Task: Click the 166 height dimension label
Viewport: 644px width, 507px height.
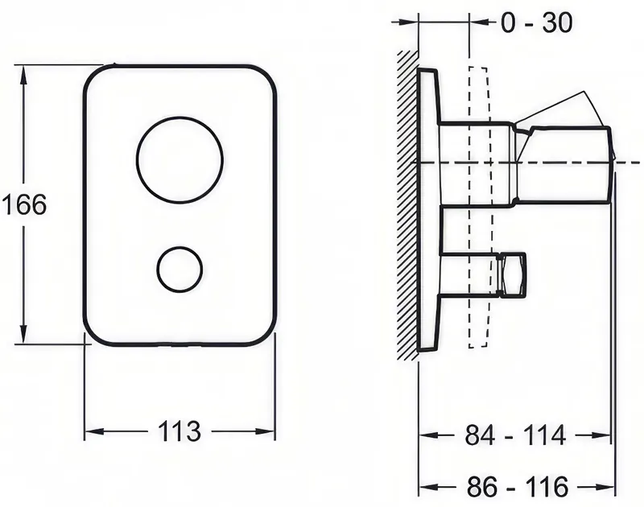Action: click(x=25, y=204)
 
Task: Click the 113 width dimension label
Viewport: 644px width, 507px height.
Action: click(x=180, y=431)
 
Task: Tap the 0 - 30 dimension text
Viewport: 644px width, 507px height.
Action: click(x=536, y=23)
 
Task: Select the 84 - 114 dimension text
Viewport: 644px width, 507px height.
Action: click(x=515, y=435)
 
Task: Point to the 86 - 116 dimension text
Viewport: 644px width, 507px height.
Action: click(x=518, y=487)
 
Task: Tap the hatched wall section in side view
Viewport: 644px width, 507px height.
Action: click(x=407, y=205)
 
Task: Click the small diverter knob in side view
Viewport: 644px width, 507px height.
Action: click(x=511, y=274)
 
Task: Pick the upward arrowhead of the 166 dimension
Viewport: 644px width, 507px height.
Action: click(x=24, y=77)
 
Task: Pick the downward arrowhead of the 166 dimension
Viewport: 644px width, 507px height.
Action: click(x=24, y=332)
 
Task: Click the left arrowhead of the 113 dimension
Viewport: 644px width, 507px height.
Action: click(x=94, y=431)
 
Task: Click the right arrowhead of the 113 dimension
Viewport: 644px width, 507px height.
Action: click(x=265, y=431)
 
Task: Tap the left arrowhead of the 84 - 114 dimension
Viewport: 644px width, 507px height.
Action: click(x=428, y=435)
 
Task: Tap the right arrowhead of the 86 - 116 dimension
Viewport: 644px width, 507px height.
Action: click(x=606, y=487)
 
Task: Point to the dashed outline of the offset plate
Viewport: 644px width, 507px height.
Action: click(x=478, y=208)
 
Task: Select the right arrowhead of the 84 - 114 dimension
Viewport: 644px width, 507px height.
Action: click(x=601, y=435)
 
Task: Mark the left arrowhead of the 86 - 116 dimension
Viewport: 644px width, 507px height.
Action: click(x=428, y=487)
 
